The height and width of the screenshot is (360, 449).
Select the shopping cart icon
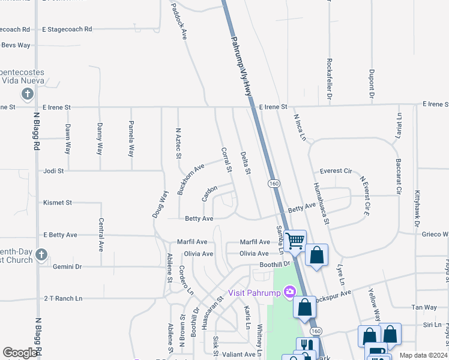(x=294, y=241)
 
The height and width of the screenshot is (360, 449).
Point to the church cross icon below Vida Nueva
(x=27, y=94)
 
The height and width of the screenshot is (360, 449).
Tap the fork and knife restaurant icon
(x=307, y=346)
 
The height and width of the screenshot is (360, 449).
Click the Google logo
(x=20, y=353)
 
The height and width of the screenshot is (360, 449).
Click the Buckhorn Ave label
(x=191, y=172)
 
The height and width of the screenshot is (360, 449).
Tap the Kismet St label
(x=58, y=203)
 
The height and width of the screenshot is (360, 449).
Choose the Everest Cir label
(x=336, y=171)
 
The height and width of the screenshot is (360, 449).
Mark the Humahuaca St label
(x=321, y=203)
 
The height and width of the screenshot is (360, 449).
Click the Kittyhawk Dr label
(x=417, y=209)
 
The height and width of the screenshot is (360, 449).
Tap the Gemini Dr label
(x=67, y=266)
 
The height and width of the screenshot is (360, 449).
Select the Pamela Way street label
(x=130, y=139)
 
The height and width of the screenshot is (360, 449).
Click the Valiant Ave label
(x=239, y=355)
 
